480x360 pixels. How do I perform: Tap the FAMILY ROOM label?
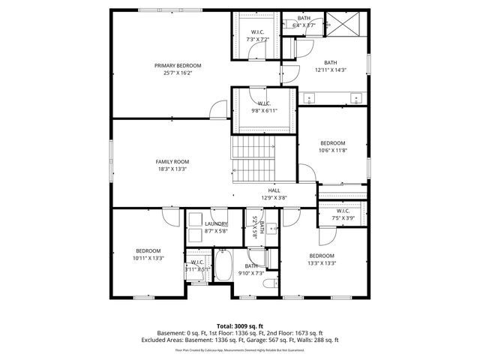[172, 161]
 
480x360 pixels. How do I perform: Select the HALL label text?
[274, 190]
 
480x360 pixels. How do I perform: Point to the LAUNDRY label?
[216, 223]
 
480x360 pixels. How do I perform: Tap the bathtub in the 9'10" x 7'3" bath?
[223, 266]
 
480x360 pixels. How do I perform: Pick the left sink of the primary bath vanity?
[310, 98]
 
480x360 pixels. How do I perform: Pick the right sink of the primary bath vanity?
[355, 98]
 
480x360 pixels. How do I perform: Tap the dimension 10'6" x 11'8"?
[332, 150]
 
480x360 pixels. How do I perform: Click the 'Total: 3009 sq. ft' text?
[240, 325]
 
